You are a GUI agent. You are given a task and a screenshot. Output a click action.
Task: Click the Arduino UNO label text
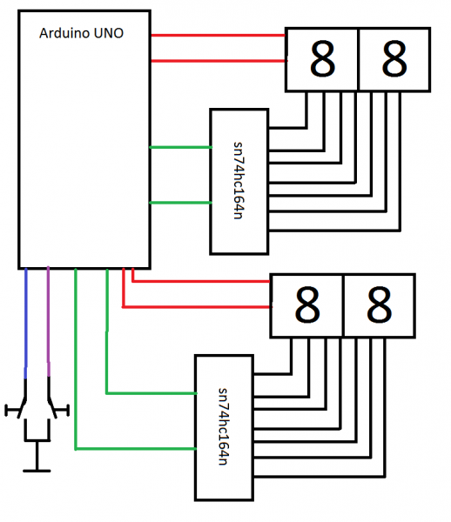point(81,33)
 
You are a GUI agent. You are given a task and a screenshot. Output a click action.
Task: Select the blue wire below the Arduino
point(26,323)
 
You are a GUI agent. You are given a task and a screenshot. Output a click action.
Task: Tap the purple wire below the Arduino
point(48,321)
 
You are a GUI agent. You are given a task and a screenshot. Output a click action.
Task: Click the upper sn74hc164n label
point(239,180)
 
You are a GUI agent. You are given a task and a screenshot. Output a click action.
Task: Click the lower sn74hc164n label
point(223,426)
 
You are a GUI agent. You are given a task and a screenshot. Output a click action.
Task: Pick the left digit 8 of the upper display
point(322,59)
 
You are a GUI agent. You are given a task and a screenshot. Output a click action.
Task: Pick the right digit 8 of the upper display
point(394,59)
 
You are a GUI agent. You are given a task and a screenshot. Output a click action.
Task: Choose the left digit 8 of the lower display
point(307,305)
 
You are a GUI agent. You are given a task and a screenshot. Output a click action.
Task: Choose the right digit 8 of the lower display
point(379,305)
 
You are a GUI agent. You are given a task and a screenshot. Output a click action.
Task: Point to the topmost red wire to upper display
point(219,35)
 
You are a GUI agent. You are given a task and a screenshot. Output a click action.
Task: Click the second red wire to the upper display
point(219,61)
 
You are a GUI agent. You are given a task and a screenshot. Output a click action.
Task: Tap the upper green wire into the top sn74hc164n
point(180,147)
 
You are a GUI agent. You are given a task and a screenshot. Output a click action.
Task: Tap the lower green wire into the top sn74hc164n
point(180,203)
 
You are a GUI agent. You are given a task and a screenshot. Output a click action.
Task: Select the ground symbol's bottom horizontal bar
point(37,471)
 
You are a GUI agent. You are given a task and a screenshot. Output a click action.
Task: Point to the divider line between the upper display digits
point(358,59)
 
